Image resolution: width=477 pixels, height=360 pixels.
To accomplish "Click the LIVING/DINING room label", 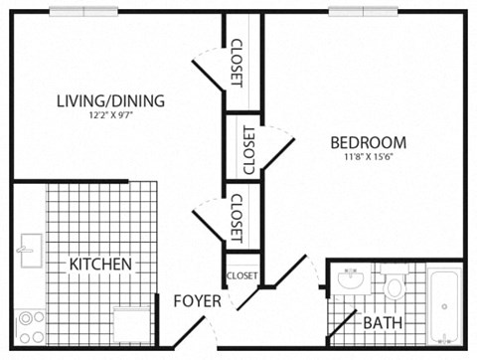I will coord(110,100).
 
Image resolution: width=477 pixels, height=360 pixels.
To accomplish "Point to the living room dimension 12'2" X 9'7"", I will coord(110,115).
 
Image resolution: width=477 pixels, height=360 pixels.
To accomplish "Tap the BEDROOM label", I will coord(369,142).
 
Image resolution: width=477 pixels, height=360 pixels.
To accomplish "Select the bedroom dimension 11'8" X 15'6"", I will coord(369,157).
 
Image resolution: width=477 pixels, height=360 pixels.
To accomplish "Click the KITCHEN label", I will coord(100,265).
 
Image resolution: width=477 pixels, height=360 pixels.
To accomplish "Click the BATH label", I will coord(383,323).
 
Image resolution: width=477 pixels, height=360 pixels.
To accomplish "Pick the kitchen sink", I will coord(26,246).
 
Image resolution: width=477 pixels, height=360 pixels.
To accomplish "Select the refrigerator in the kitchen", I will coord(132,323).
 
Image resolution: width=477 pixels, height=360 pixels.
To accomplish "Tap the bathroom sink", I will coord(349,281).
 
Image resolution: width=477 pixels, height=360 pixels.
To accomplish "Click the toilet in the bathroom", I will coord(394,285).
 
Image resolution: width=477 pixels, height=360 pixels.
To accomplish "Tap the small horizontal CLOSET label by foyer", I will coord(242,275).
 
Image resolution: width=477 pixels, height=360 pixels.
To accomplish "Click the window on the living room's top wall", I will coord(83,11).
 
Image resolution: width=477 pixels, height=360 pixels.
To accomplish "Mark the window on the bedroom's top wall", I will coord(362,11).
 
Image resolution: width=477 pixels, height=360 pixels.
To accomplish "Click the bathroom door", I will coord(341,326).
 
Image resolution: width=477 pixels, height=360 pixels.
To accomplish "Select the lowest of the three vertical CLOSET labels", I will coord(237,218).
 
